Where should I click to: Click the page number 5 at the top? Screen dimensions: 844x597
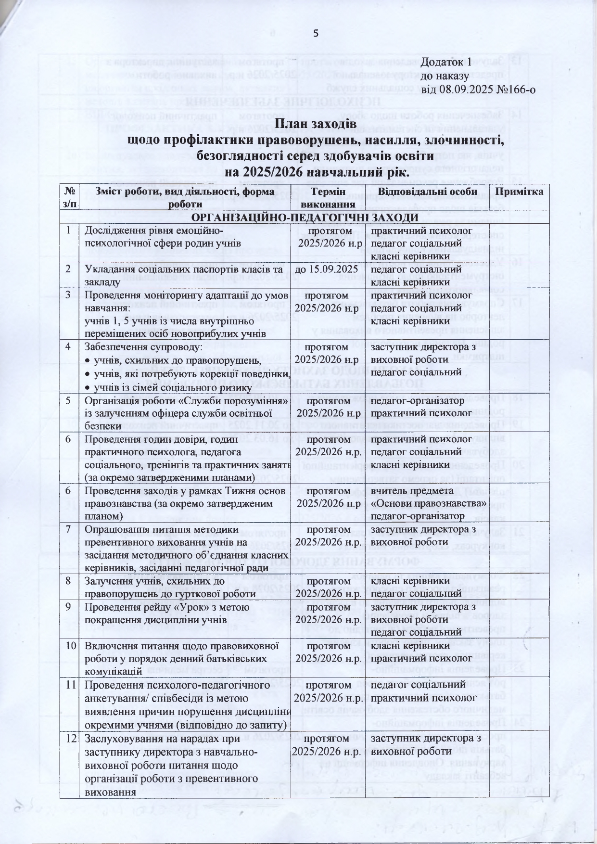(x=316, y=33)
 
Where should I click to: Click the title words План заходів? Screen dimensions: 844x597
(x=316, y=125)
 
